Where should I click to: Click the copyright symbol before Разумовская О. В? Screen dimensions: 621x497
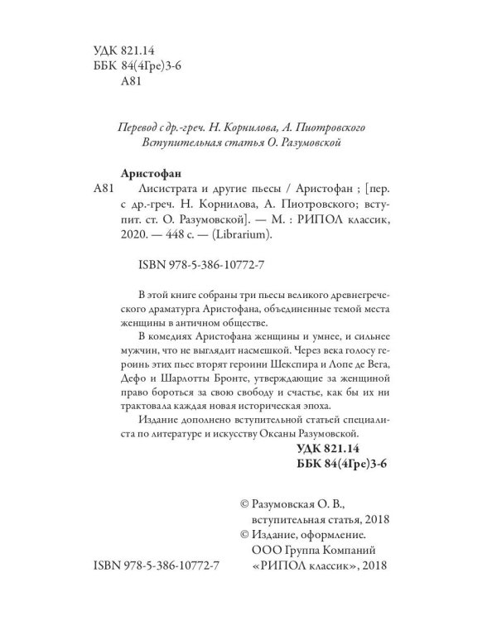[x=244, y=503]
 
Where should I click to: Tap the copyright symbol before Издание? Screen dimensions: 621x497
[x=244, y=534]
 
